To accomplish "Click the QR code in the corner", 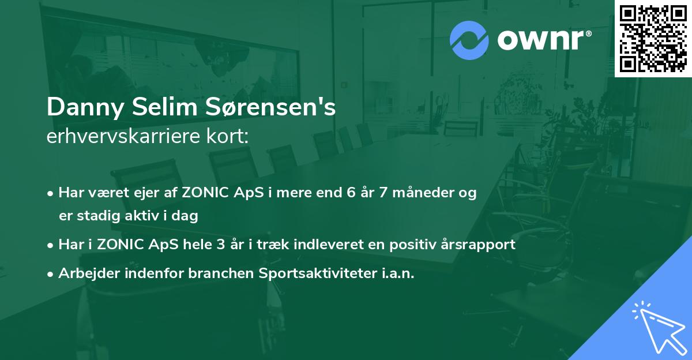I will point(653,39).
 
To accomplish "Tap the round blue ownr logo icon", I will point(469,40).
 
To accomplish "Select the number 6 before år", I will point(349,193).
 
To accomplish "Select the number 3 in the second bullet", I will point(221,245).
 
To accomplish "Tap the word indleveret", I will point(325,245).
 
